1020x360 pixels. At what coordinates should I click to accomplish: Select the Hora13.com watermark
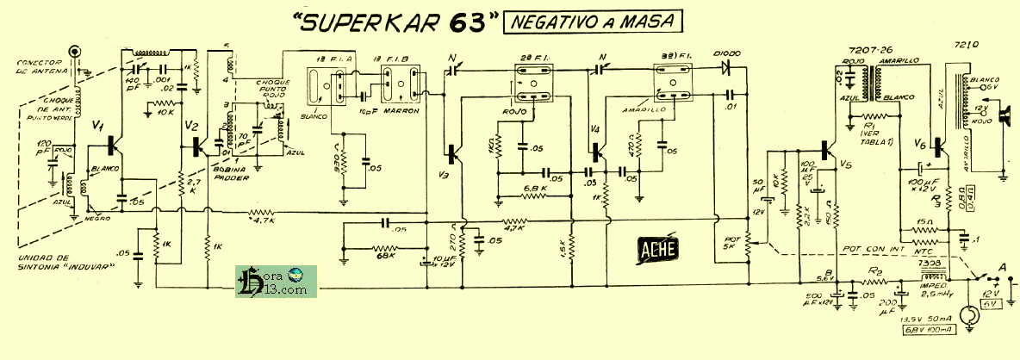[x=276, y=282]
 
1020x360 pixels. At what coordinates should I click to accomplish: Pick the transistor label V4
[x=596, y=129]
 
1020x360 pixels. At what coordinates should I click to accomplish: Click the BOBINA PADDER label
[x=233, y=173]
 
